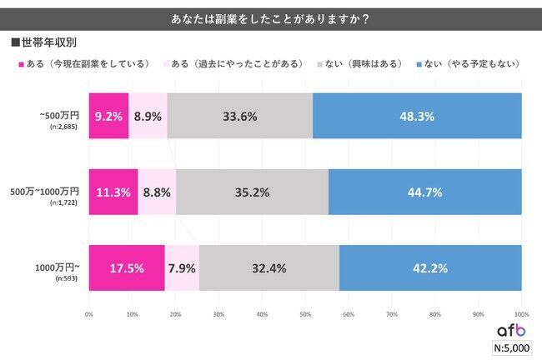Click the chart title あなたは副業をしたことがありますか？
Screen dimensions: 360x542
click(x=271, y=17)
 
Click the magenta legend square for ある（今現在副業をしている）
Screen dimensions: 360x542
click(x=18, y=63)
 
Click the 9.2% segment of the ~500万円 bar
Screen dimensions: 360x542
click(x=108, y=117)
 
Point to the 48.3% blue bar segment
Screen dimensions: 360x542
click(x=417, y=117)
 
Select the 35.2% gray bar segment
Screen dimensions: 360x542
click(x=252, y=192)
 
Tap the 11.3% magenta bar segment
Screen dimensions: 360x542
click(x=113, y=192)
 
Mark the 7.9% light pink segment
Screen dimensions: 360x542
click(x=182, y=268)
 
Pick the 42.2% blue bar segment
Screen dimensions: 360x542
click(x=430, y=268)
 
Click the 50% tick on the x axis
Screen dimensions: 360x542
click(x=305, y=314)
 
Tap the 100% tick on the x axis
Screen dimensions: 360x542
click(x=521, y=314)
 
